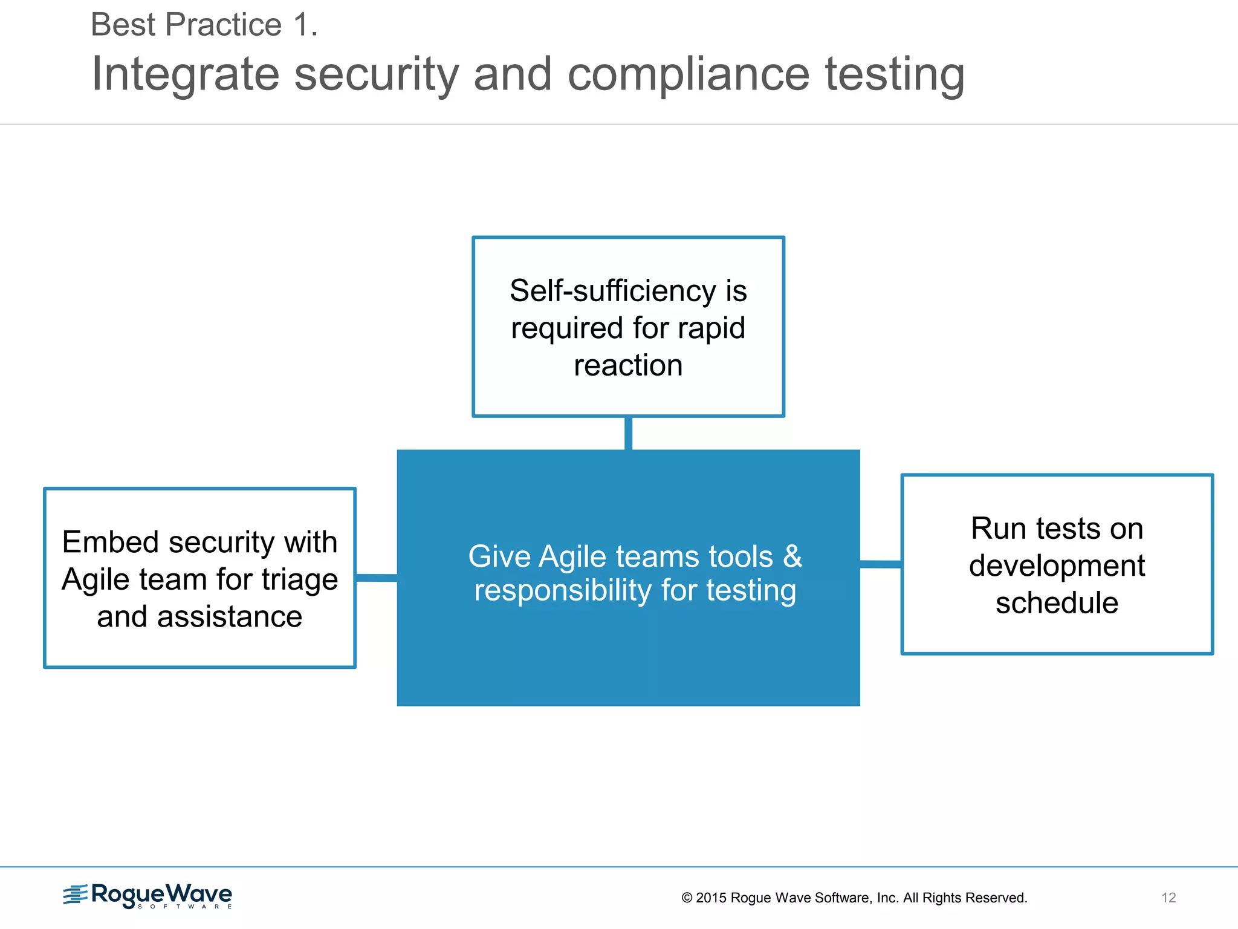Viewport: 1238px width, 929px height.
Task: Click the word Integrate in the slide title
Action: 186,74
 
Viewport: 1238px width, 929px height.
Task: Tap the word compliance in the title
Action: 689,74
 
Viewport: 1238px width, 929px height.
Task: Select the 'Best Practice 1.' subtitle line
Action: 204,25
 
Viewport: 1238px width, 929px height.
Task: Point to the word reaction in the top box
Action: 628,365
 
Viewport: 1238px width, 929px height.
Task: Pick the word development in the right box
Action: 1057,566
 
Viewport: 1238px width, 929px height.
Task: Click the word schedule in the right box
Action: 1057,603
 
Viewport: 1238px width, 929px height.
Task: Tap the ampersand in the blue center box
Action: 792,556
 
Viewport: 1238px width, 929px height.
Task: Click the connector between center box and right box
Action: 880,564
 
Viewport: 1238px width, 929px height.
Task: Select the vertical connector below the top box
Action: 628,433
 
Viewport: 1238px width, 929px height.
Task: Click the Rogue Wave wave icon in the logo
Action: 76,895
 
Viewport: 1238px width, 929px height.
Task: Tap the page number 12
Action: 1168,898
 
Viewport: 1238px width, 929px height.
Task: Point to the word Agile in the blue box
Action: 572,556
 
